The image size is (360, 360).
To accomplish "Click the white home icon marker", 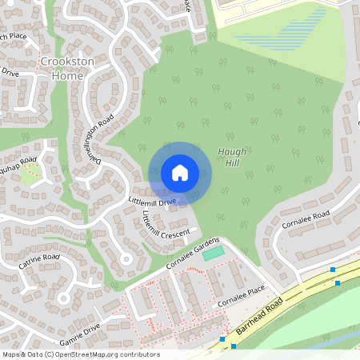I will (180, 173).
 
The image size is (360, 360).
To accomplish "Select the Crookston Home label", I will (67, 69).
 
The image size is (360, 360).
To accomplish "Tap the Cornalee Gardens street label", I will (191, 249).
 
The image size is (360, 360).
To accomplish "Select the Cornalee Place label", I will (241, 299).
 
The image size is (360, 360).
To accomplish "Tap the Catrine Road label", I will (40, 262).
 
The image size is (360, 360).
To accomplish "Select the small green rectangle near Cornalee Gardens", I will (214, 253).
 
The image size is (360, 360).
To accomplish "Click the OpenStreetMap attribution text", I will (80, 354).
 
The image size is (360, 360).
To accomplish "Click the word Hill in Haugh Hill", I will (231, 163).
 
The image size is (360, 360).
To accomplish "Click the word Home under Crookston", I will (67, 75).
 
